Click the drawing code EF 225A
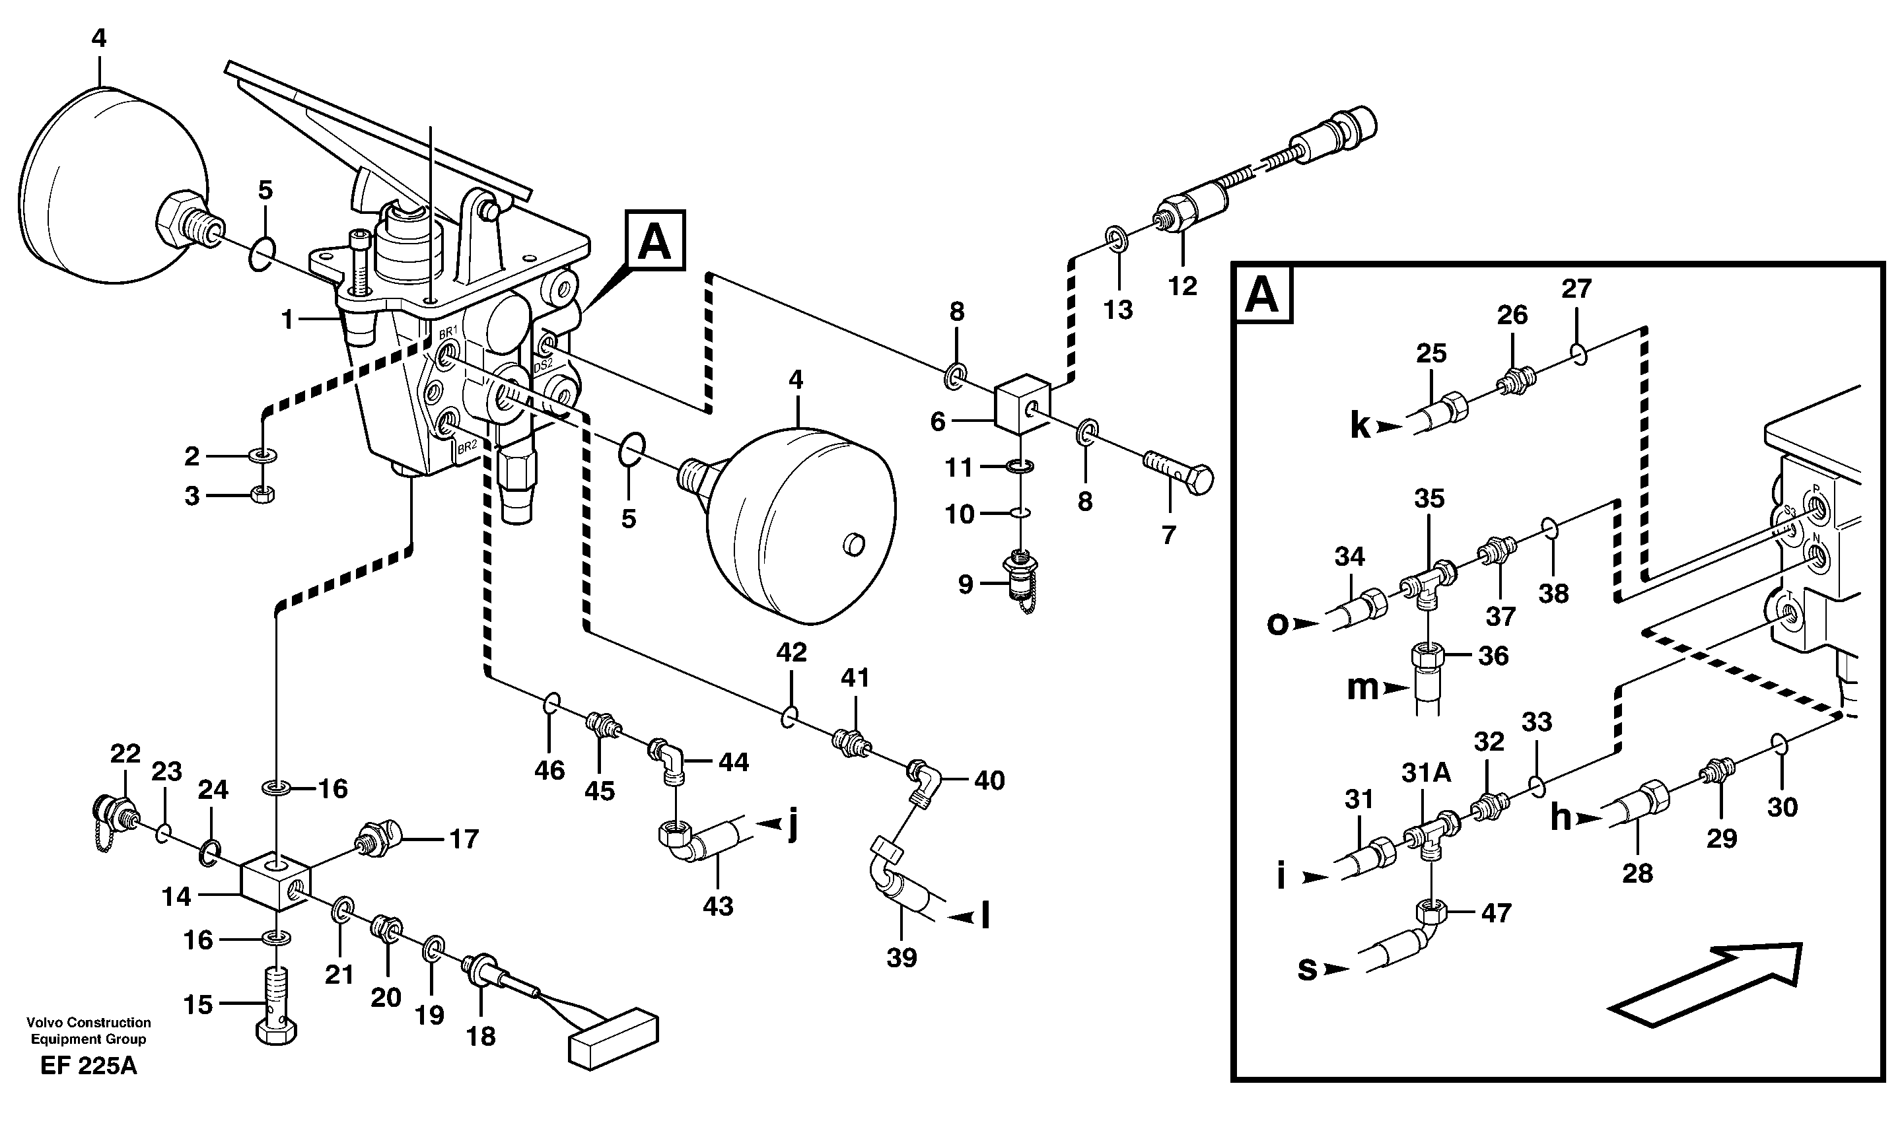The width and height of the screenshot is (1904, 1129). coord(88,1066)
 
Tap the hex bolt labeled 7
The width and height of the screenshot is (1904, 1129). coord(1179,474)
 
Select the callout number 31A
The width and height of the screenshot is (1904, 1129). coord(1425,773)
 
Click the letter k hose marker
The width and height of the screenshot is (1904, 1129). coord(1360,425)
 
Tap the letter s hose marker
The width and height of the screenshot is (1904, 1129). coord(1306,969)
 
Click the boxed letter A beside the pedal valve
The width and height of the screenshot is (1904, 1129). coord(654,241)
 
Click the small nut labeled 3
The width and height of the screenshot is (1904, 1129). coord(262,494)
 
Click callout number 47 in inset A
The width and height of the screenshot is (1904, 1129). coord(1495,912)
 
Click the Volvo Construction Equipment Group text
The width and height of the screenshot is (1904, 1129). coord(88,1030)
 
